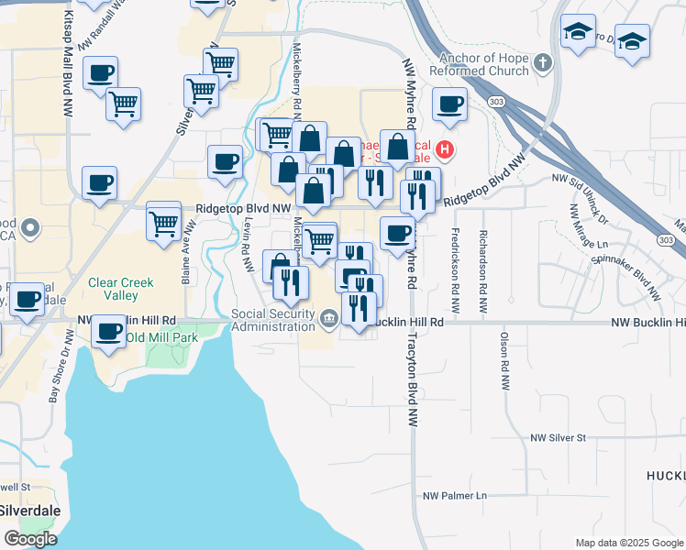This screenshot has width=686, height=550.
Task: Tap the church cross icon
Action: point(542,64)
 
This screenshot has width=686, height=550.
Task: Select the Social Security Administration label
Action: point(273,320)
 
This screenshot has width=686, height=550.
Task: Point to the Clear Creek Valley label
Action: point(121,290)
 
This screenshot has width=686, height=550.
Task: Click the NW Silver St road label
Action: point(558,438)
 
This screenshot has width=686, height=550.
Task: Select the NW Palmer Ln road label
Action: point(455,496)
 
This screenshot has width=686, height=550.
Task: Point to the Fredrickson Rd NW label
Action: point(455,261)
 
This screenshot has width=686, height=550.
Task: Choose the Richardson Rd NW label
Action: point(482,261)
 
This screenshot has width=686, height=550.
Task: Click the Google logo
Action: point(30,539)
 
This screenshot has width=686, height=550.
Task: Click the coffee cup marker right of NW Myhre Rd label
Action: point(448,104)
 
